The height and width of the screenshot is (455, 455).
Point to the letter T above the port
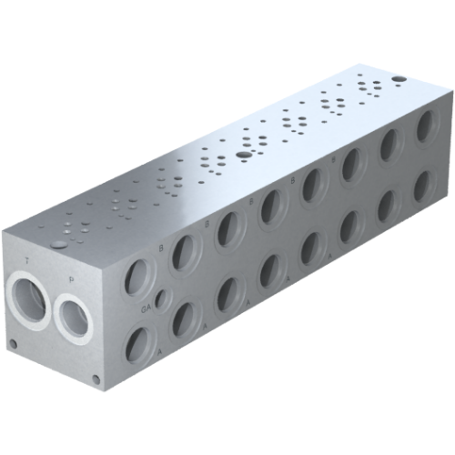pyautogui.click(x=28, y=260)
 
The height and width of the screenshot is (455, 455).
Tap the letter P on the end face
pyautogui.click(x=72, y=270)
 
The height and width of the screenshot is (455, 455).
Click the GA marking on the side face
pyautogui.click(x=146, y=309)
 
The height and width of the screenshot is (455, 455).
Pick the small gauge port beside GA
pyautogui.click(x=162, y=299)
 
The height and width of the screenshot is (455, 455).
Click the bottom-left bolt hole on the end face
pyautogui.click(x=13, y=344)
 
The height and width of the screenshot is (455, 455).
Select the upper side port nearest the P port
pyautogui.click(x=138, y=275)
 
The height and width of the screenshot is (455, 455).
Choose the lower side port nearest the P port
pyautogui.click(x=138, y=343)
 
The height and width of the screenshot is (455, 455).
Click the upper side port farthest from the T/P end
pyautogui.click(x=426, y=127)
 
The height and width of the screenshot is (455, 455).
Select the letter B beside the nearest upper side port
pyautogui.click(x=161, y=247)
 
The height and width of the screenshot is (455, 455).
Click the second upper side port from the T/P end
pyautogui.click(x=185, y=250)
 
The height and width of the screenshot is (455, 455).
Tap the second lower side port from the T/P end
pyautogui.click(x=184, y=318)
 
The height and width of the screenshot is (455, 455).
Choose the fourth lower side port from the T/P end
pyautogui.click(x=271, y=270)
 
